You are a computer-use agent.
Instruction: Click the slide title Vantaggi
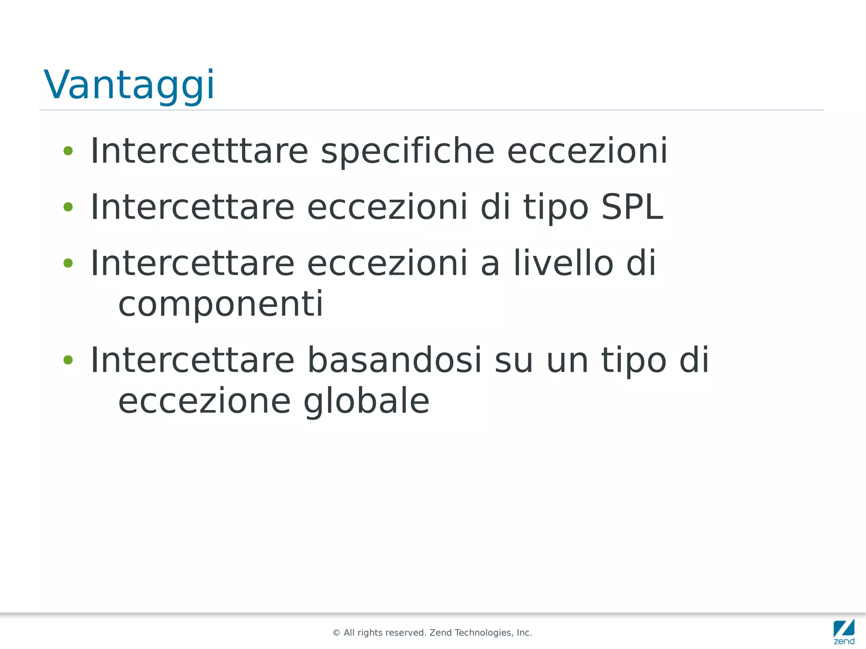click(x=129, y=85)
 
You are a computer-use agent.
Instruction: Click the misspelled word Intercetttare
click(x=199, y=151)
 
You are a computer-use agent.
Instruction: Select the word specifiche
click(x=408, y=151)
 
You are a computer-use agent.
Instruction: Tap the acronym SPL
click(x=632, y=207)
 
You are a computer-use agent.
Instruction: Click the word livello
click(x=563, y=263)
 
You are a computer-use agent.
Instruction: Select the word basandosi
click(x=394, y=360)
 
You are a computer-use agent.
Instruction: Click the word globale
click(x=366, y=401)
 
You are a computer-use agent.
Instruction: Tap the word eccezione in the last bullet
click(x=204, y=401)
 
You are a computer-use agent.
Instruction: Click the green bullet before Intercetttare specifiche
click(x=68, y=151)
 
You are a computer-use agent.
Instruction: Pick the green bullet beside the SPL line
click(x=68, y=207)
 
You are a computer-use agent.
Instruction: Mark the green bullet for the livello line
click(x=68, y=263)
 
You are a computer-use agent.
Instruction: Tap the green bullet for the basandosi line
click(x=68, y=360)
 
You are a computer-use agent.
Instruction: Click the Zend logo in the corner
click(x=844, y=632)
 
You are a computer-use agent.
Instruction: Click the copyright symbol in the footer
click(x=337, y=633)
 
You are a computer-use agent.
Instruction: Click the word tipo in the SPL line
click(x=556, y=207)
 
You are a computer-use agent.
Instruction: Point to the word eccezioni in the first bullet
click(x=587, y=151)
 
